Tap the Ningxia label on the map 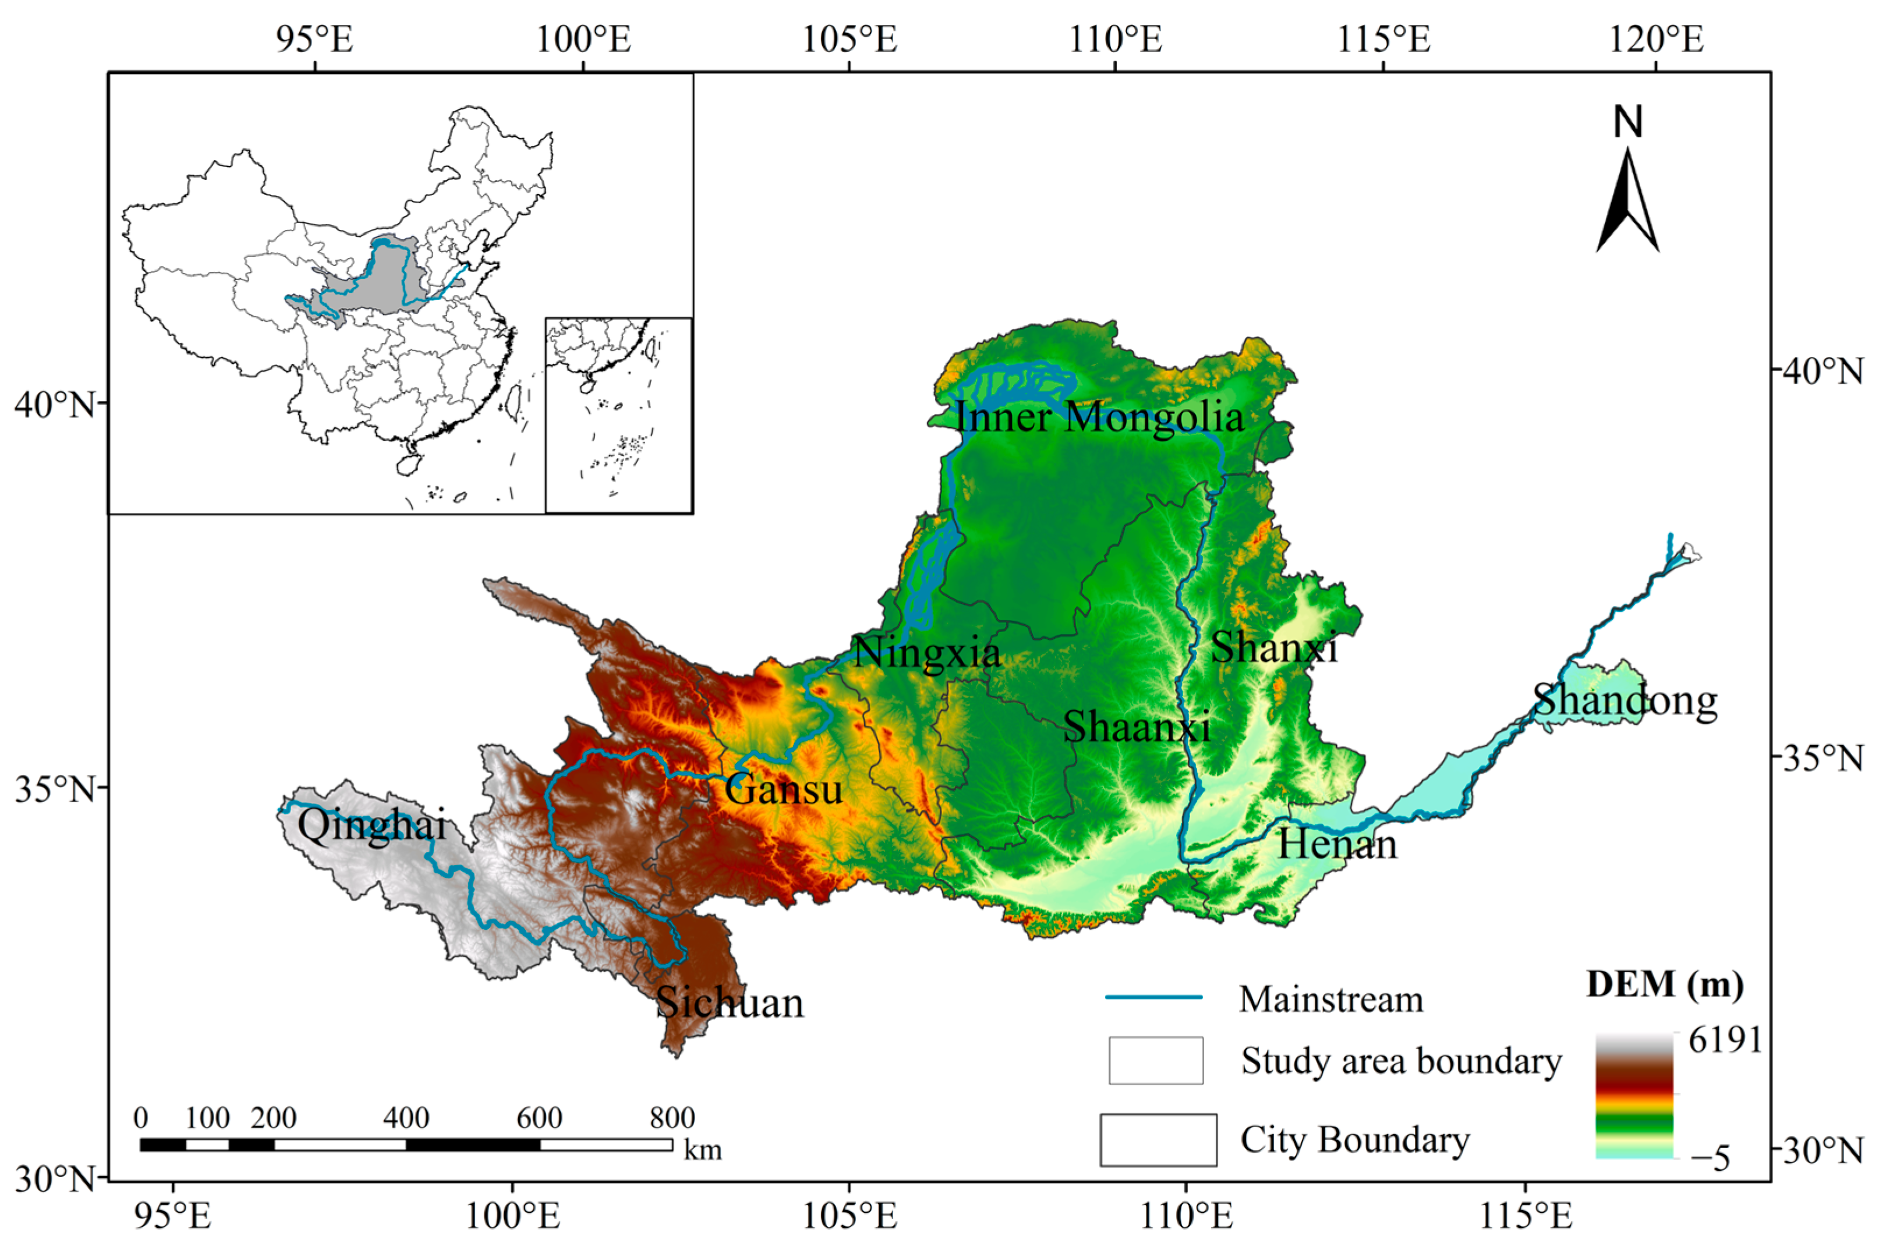(x=926, y=653)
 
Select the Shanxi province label (x=1273, y=646)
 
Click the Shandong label (x=1625, y=700)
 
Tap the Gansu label (x=784, y=790)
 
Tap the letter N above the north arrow (x=1627, y=122)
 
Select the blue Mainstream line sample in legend (x=1154, y=997)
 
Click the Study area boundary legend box (x=1156, y=1061)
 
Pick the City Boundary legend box (x=1158, y=1140)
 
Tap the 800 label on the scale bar (x=672, y=1117)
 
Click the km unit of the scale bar (x=703, y=1149)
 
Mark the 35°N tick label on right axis (x=1827, y=757)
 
